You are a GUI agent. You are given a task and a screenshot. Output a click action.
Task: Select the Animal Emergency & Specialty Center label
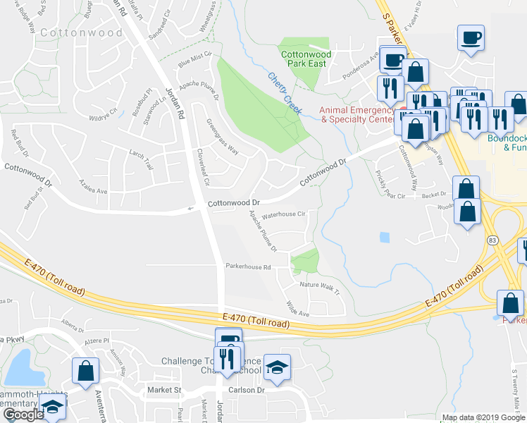[x=357, y=114]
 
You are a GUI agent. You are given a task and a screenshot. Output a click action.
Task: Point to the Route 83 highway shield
[x=490, y=240]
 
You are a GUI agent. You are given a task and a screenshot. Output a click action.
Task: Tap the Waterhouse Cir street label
[x=283, y=214]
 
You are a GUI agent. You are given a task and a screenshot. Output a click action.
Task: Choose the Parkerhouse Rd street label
[x=248, y=266]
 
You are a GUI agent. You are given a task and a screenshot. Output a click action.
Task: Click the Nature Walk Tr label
[x=320, y=286]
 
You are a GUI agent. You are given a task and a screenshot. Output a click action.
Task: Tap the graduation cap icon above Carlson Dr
[x=277, y=367]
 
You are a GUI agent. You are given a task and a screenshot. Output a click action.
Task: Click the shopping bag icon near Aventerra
[x=85, y=372]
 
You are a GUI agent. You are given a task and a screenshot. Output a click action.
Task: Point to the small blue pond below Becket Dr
[x=384, y=238]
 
